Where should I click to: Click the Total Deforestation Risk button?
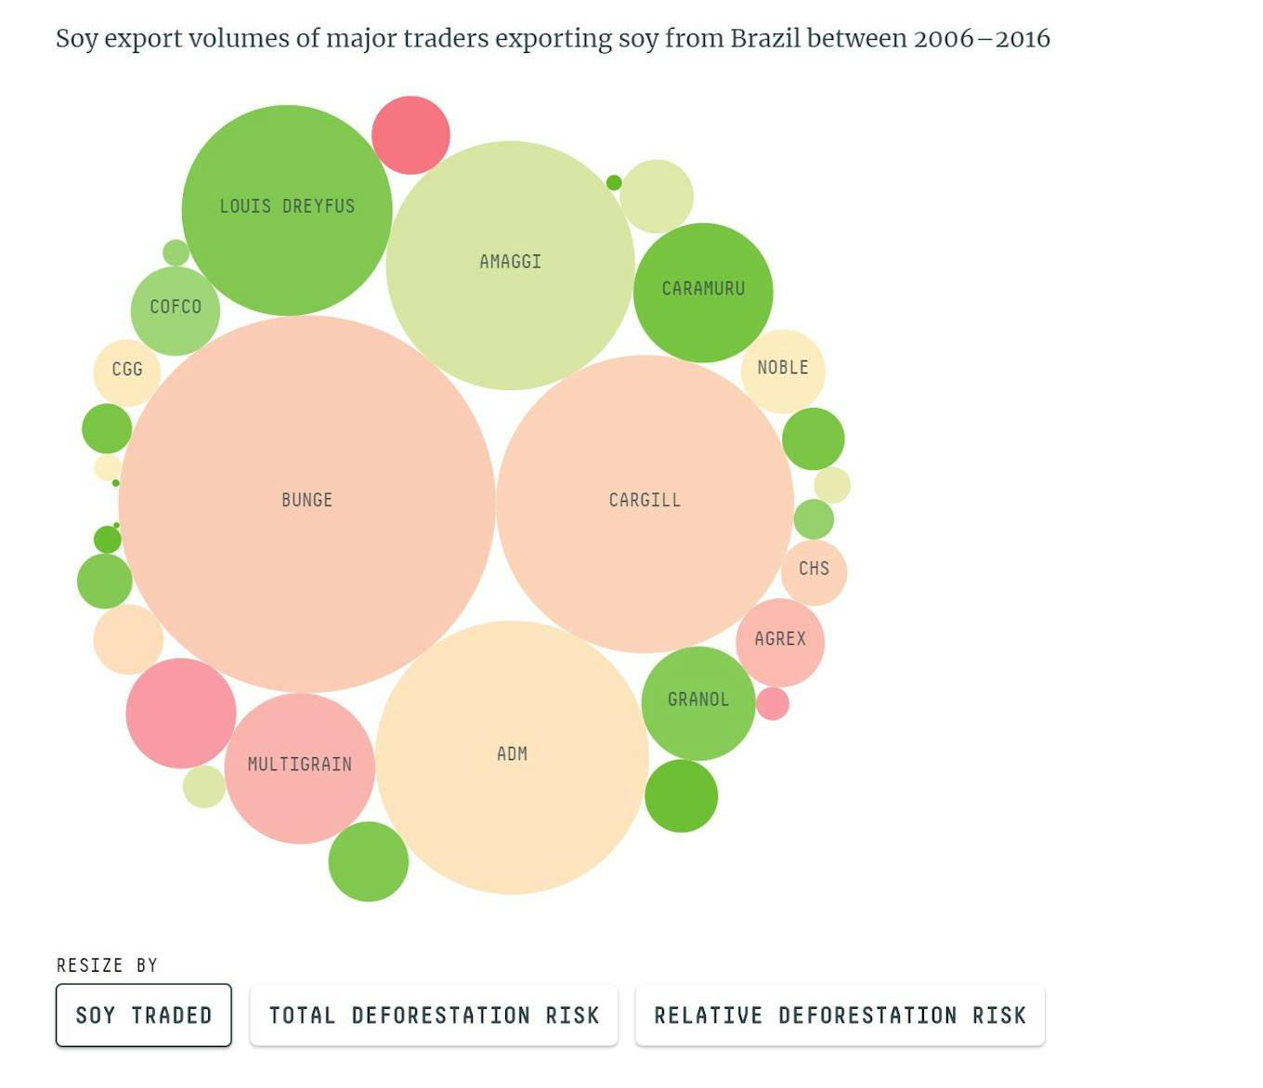tap(434, 1016)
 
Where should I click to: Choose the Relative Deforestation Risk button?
tap(840, 1016)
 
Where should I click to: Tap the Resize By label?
tap(107, 965)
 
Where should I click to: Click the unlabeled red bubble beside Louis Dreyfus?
tap(410, 135)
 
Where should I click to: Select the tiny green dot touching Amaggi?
tap(614, 183)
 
